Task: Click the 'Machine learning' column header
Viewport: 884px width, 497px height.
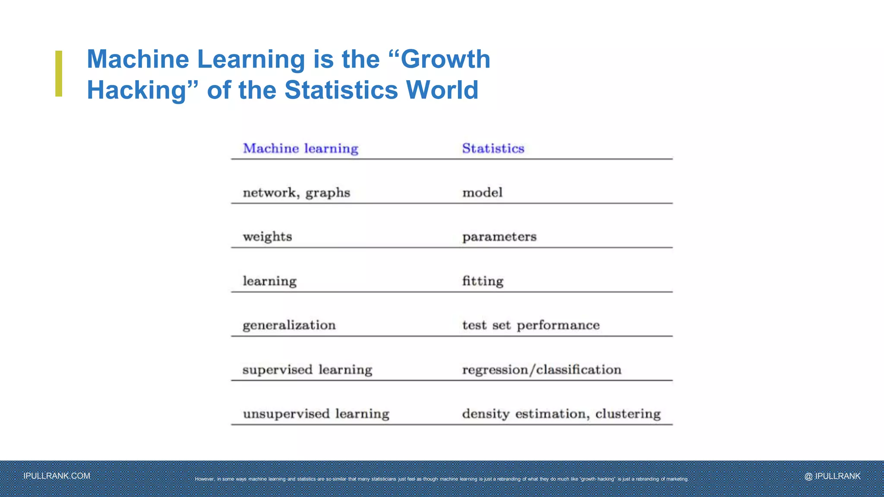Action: click(x=300, y=148)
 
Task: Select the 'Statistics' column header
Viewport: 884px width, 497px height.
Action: click(x=493, y=148)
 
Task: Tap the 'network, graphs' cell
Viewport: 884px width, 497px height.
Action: click(x=296, y=193)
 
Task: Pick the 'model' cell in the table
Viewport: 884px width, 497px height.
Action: click(x=482, y=192)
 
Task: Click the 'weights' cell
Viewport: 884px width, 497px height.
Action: click(x=267, y=237)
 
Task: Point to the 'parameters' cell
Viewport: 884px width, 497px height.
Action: click(x=499, y=237)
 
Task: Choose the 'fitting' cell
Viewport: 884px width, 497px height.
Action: click(x=483, y=281)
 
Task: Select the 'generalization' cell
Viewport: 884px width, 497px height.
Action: click(x=289, y=325)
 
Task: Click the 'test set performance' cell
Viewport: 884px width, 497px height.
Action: click(x=530, y=325)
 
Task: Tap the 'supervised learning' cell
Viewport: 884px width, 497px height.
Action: click(x=307, y=370)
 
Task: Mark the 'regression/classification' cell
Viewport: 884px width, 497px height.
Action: click(x=541, y=370)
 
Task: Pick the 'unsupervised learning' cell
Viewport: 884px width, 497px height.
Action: click(x=316, y=414)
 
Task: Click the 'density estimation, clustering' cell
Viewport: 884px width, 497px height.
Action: click(x=561, y=414)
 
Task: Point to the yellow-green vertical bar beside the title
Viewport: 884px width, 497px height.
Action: click(x=59, y=74)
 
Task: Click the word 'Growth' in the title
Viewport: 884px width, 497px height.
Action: click(x=445, y=59)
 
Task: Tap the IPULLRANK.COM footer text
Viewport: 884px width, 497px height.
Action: click(x=57, y=476)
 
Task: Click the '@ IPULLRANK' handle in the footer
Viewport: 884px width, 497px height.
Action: click(x=832, y=476)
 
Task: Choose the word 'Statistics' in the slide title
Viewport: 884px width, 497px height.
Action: click(x=341, y=90)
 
